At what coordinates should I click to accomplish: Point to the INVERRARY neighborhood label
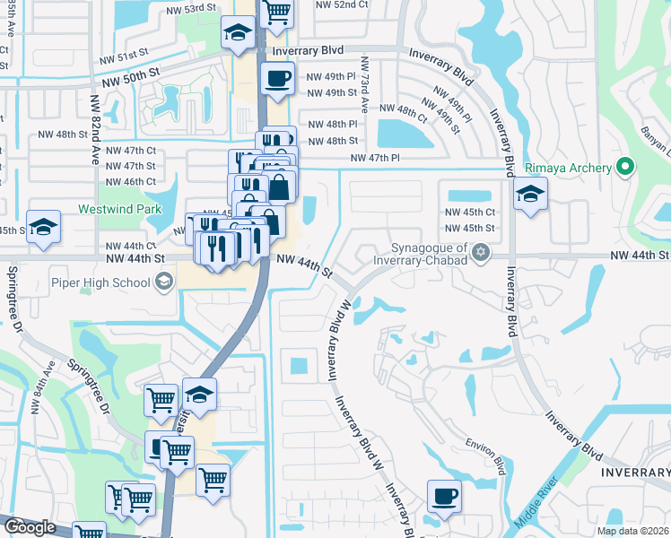click(634, 472)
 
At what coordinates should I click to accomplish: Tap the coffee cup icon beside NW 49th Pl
click(277, 77)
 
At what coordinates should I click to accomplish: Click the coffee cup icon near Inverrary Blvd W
click(444, 496)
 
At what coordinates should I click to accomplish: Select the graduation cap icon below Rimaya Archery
click(530, 194)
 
